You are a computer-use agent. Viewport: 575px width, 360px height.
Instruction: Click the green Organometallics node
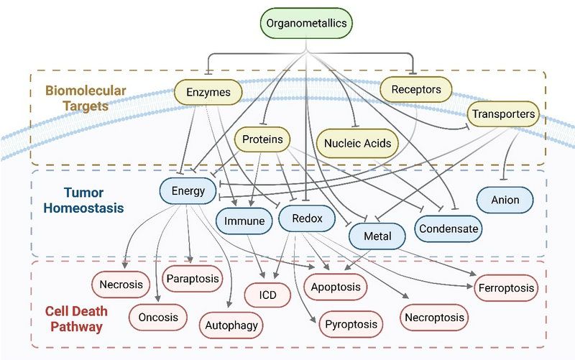tap(306, 23)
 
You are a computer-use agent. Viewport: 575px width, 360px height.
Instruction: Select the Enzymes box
tap(208, 92)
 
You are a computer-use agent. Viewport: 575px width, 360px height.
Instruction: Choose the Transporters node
tap(503, 114)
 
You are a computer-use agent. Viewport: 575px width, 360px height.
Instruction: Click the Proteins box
tap(262, 139)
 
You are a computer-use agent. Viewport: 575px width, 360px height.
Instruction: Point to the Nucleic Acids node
tap(357, 143)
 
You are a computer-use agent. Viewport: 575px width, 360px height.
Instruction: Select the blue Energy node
tap(188, 191)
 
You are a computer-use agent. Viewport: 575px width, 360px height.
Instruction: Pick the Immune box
tap(244, 221)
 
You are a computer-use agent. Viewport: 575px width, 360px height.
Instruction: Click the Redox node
tap(307, 218)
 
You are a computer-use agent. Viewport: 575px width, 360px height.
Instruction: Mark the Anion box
tap(505, 200)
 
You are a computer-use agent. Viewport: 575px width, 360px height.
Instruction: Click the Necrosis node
tap(121, 285)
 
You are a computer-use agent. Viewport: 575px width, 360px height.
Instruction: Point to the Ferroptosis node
tap(505, 288)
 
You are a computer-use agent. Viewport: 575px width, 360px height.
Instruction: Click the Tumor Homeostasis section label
tap(84, 200)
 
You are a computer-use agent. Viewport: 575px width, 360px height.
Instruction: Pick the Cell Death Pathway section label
tap(73, 318)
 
